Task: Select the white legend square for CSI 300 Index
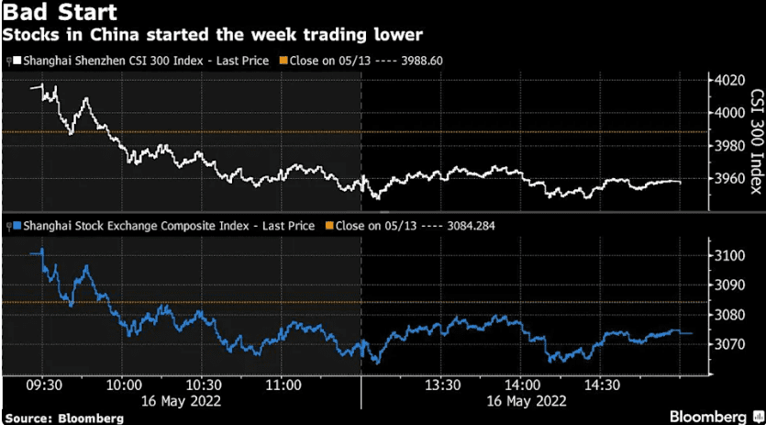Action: click(7, 61)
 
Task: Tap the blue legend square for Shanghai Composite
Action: click(7, 225)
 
